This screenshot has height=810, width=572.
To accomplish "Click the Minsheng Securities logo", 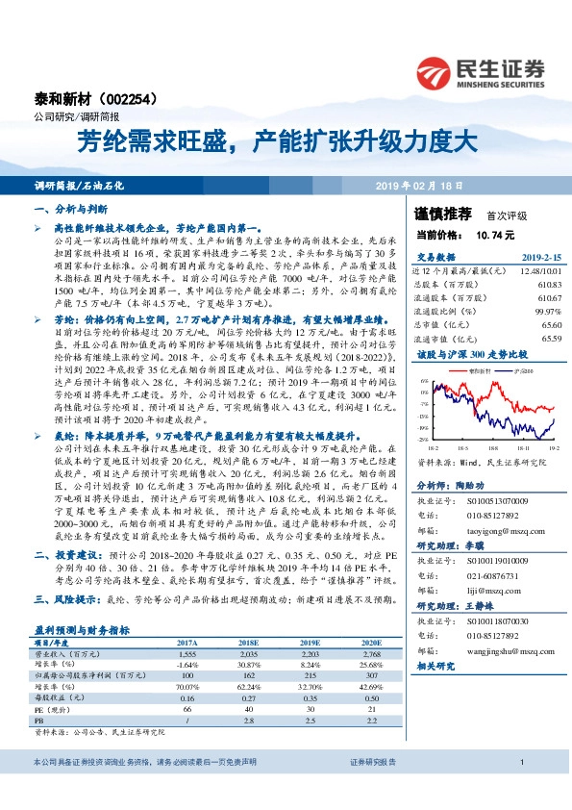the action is (x=482, y=72).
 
